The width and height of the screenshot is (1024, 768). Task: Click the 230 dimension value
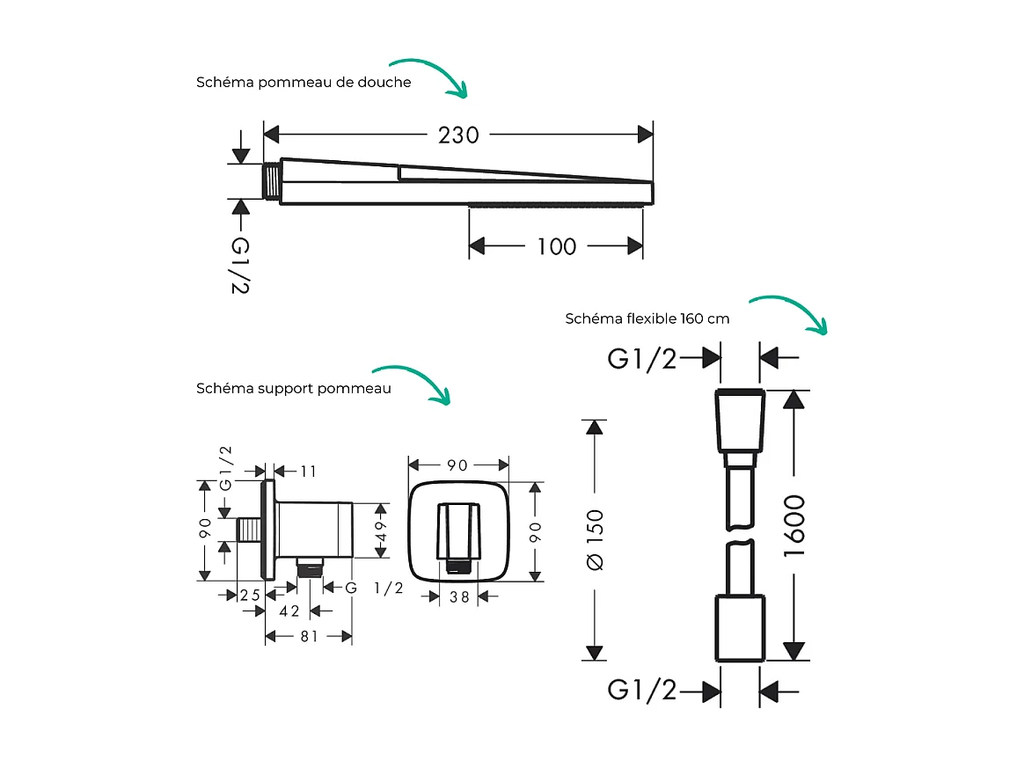pyautogui.click(x=459, y=135)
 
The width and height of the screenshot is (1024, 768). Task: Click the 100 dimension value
pyautogui.click(x=556, y=246)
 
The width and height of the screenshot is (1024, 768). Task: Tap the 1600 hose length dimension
pyautogui.click(x=794, y=524)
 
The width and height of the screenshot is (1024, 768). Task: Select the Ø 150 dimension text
pyautogui.click(x=596, y=539)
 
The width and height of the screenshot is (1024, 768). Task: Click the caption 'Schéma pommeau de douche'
pyautogui.click(x=304, y=83)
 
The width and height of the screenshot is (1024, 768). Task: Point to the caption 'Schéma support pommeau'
pyautogui.click(x=294, y=388)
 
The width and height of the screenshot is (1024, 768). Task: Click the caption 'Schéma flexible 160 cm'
pyautogui.click(x=647, y=318)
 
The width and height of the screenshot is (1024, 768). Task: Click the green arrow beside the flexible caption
pyautogui.click(x=790, y=313)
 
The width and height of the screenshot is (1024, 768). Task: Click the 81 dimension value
pyautogui.click(x=309, y=636)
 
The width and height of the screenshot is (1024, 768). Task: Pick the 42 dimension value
pyautogui.click(x=289, y=611)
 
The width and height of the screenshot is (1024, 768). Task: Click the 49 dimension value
pyautogui.click(x=381, y=530)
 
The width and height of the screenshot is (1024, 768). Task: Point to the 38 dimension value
pyautogui.click(x=458, y=596)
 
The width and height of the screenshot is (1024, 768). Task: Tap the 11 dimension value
pyautogui.click(x=308, y=472)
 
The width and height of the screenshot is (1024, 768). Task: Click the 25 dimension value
pyautogui.click(x=251, y=595)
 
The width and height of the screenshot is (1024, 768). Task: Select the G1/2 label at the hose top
pyautogui.click(x=642, y=358)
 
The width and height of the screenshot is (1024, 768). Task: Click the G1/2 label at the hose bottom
pyautogui.click(x=642, y=691)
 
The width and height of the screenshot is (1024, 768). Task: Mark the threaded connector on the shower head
pyautogui.click(x=272, y=182)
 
